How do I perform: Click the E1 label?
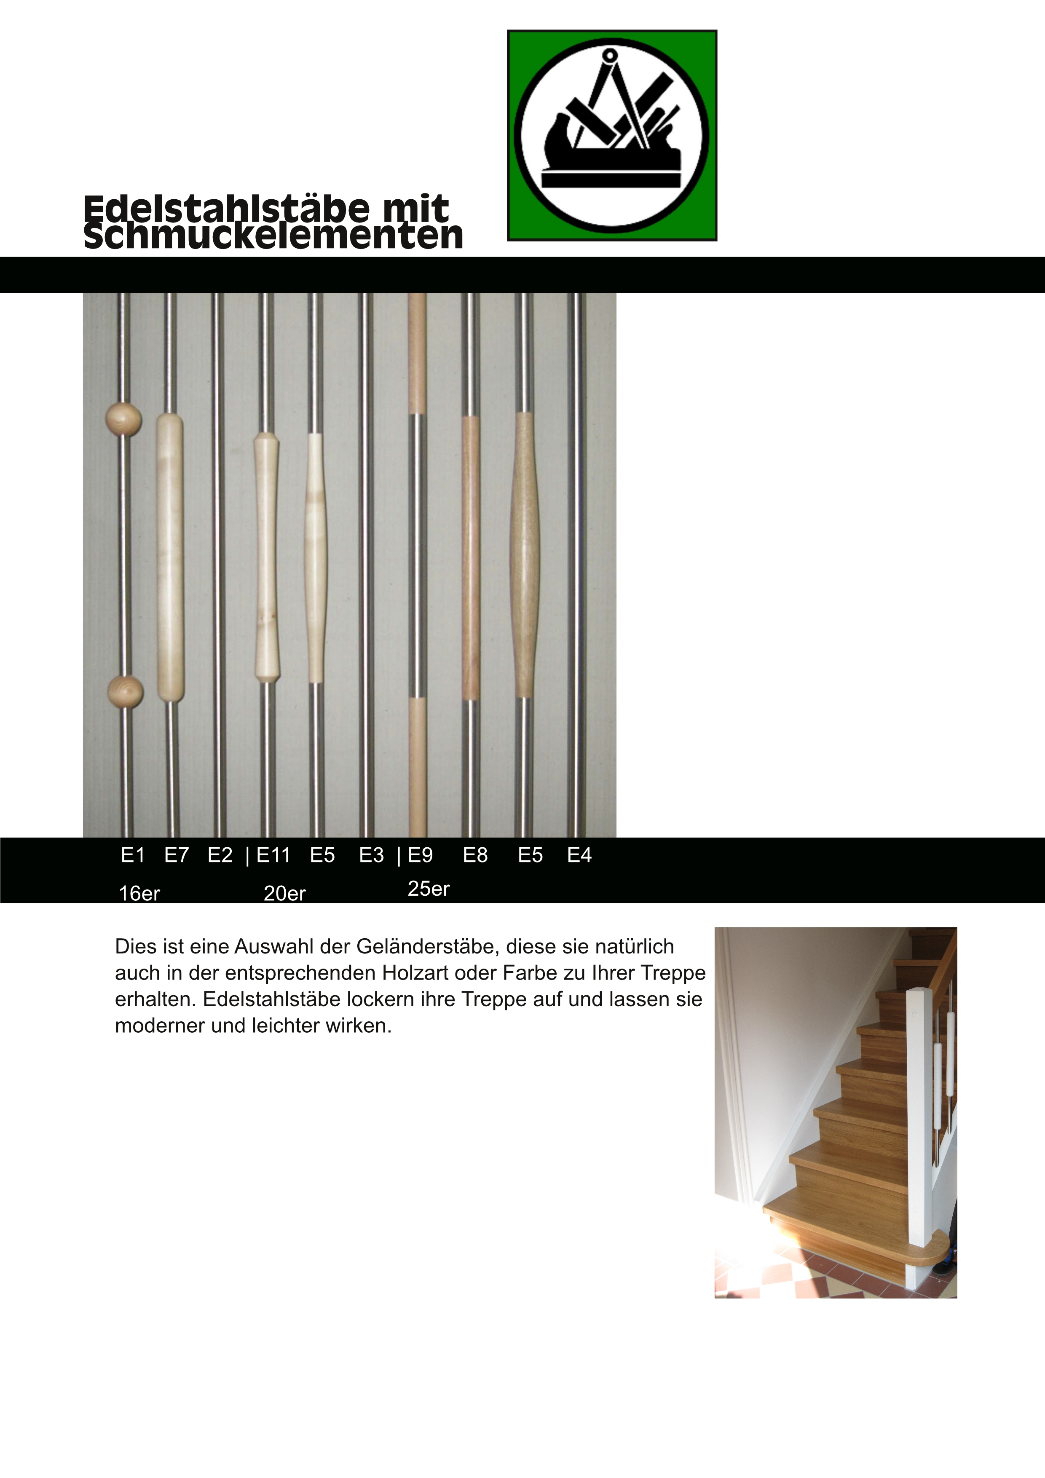[133, 856]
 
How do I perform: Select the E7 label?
[177, 856]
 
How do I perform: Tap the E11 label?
[273, 856]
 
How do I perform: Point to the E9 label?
[421, 856]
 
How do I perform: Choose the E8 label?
[475, 856]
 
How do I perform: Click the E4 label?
[579, 856]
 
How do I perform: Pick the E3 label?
[372, 856]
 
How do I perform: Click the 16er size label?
[139, 894]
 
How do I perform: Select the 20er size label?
[284, 894]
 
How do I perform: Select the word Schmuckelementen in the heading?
[273, 237]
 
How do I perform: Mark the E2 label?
[220, 856]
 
